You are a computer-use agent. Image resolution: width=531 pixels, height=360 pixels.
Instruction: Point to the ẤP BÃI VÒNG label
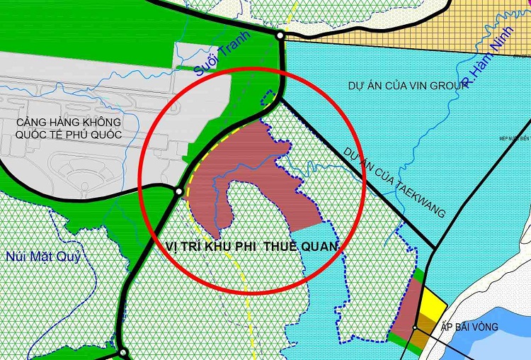tap(469, 327)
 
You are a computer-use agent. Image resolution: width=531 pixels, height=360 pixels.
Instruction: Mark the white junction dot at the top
tap(280, 35)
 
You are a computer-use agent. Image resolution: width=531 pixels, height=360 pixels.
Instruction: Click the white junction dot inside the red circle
tap(179, 191)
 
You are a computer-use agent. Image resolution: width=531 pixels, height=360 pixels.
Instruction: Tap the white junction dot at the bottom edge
tap(122, 352)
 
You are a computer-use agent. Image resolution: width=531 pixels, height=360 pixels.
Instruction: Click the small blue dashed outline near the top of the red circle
tap(267, 99)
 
